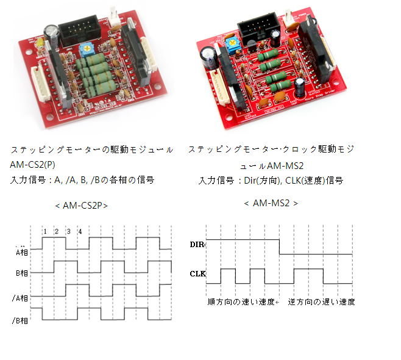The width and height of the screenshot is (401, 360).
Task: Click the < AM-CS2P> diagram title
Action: point(81,206)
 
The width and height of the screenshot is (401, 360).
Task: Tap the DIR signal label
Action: point(197,244)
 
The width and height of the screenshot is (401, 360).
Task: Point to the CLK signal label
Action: point(198,274)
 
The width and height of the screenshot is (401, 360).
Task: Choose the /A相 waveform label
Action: point(20,297)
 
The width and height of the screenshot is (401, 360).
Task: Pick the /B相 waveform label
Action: point(20,320)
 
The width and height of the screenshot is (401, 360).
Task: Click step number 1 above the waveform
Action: point(45,231)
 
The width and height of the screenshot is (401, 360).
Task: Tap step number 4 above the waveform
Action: point(80,231)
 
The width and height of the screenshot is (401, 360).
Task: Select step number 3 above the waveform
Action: point(68,231)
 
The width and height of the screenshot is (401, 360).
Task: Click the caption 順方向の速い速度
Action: point(240,302)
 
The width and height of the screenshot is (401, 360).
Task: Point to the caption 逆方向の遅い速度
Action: point(321,302)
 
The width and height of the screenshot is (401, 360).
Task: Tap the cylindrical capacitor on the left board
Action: point(51,32)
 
